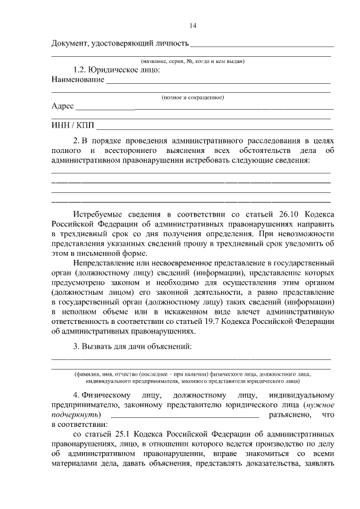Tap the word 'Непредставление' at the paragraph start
click(x=107, y=263)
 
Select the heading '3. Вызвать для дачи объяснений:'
click(x=133, y=346)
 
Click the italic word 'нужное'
click(x=321, y=404)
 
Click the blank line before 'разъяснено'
click(x=185, y=416)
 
